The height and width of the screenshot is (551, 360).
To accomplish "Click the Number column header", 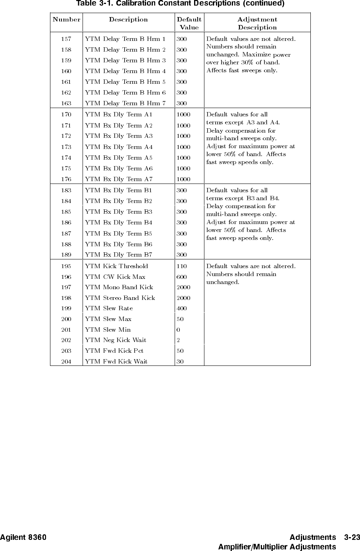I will coord(66,19).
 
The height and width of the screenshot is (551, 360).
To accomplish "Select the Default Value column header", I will coord(189,23).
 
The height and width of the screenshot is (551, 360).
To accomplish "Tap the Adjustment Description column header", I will coord(257,23).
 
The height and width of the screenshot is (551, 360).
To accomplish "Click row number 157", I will coord(66,39).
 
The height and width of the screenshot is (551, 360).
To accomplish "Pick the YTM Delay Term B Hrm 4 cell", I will coord(125,71).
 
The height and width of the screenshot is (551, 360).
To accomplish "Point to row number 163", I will coord(66,103).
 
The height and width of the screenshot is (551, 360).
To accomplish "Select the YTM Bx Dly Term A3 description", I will coord(119,136).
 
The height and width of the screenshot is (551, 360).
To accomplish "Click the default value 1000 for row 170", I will coord(183,114).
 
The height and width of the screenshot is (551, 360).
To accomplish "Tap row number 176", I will coord(66,179).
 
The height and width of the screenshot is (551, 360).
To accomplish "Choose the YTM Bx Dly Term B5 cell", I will coord(119,234).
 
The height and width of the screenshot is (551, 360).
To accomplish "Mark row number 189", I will coord(66,255).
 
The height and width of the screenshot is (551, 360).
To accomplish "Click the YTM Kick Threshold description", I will coord(117,266).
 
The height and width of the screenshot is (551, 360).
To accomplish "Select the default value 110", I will coord(181,266).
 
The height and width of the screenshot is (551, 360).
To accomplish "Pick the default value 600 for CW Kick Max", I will coord(181,277).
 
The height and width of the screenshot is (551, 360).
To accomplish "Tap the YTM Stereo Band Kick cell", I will coord(120,298).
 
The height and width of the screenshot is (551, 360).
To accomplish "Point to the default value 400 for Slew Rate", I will coord(181,308).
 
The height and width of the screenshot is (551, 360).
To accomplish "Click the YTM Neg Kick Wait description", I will coord(116,340).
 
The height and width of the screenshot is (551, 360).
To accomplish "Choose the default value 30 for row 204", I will coord(180,362).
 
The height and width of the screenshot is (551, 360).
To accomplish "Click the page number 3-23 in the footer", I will coord(352,537).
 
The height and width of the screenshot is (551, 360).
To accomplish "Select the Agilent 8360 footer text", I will coord(23,537).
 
